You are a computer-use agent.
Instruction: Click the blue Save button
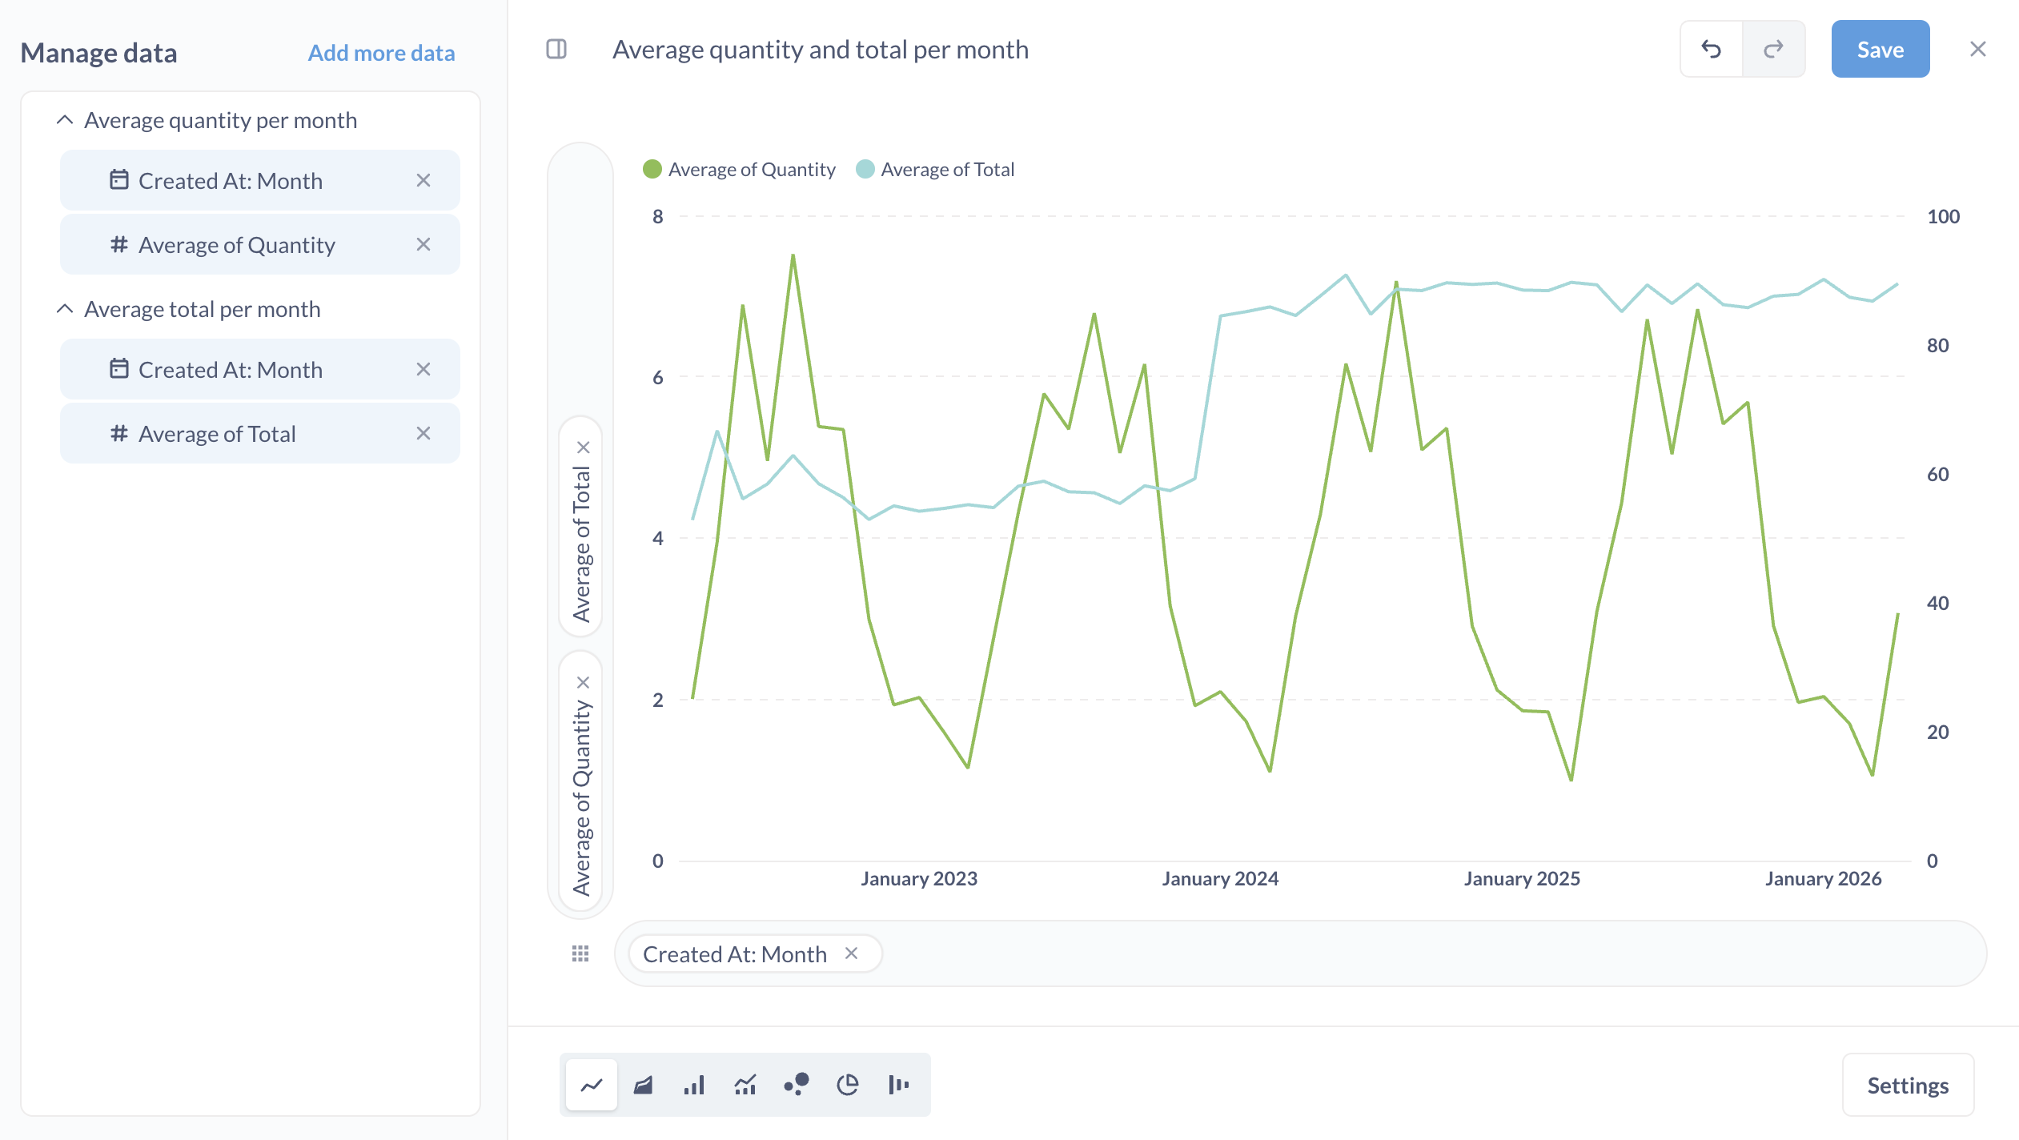[1879, 50]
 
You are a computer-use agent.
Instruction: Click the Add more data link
[381, 53]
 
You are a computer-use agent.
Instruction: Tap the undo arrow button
[1711, 50]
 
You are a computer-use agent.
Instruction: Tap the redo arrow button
[1773, 50]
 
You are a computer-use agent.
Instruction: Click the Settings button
[1907, 1085]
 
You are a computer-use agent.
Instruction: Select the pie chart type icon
[847, 1085]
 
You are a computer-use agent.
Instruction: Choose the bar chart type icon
[694, 1085]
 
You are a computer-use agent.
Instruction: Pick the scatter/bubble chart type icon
[797, 1085]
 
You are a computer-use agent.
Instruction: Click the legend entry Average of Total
[946, 170]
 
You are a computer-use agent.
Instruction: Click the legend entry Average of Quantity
[751, 170]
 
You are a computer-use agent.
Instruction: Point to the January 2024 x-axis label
[1219, 878]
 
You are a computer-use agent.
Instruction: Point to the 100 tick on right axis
[1942, 216]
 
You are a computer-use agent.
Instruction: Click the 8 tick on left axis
[657, 216]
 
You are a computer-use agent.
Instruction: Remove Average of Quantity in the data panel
[423, 245]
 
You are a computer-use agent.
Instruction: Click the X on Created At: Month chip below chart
[851, 953]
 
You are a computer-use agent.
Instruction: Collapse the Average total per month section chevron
[65, 309]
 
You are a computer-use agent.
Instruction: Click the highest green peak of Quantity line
[793, 256]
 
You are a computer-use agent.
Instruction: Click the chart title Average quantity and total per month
[820, 50]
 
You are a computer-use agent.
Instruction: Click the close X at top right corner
[1977, 50]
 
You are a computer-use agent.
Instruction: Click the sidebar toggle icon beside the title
[556, 50]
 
